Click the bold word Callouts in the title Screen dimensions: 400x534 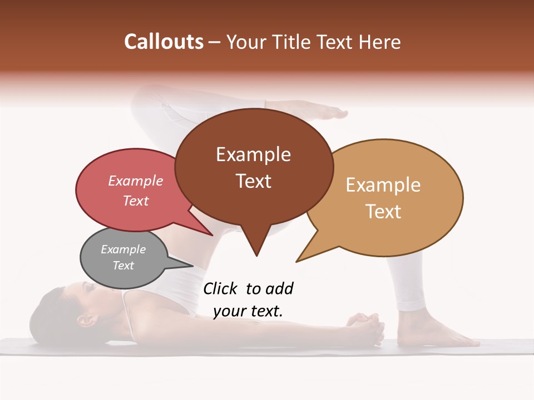pyautogui.click(x=164, y=42)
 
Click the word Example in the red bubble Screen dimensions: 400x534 pyautogui.click(x=136, y=181)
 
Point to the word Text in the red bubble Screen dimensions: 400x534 pyautogui.click(x=136, y=201)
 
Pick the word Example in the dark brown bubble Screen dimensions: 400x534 pyautogui.click(x=253, y=154)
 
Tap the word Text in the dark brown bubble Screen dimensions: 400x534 pyautogui.click(x=253, y=181)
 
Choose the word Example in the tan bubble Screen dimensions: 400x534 pyautogui.click(x=383, y=185)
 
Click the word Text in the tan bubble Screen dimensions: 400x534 pyautogui.click(x=383, y=212)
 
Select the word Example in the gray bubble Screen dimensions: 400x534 pyautogui.click(x=123, y=249)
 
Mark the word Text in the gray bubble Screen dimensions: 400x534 pyautogui.click(x=123, y=266)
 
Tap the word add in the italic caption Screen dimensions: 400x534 pyautogui.click(x=279, y=289)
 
